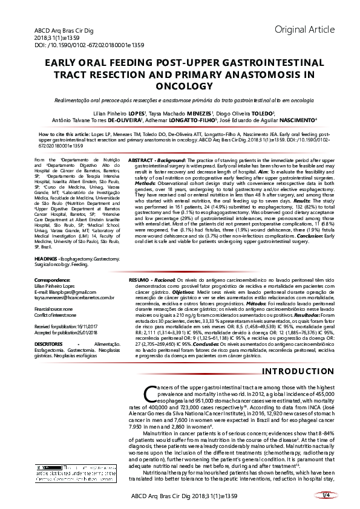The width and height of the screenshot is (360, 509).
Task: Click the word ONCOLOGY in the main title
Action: [x=180, y=86]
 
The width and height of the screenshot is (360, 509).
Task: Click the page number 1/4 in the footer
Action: [x=326, y=495]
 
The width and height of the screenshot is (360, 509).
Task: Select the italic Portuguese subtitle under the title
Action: [x=180, y=99]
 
